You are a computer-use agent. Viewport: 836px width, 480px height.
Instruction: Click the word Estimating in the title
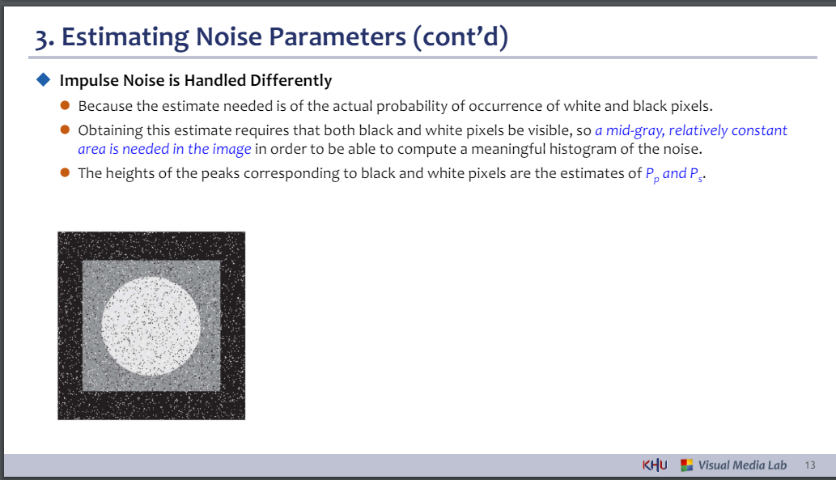[x=125, y=37]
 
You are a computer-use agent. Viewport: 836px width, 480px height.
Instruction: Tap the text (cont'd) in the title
[x=460, y=36]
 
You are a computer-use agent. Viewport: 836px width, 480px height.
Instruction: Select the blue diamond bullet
[x=43, y=80]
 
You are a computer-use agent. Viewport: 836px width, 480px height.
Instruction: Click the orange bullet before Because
[x=65, y=105]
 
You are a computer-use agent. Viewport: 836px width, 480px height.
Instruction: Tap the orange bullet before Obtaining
[x=65, y=130]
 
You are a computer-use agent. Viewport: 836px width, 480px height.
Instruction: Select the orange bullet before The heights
[x=65, y=172]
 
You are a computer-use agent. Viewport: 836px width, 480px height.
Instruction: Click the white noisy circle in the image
[x=151, y=326]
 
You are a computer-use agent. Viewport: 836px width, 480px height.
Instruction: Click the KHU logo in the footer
[x=655, y=465]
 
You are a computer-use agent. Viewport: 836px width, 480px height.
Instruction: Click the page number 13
[x=810, y=465]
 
